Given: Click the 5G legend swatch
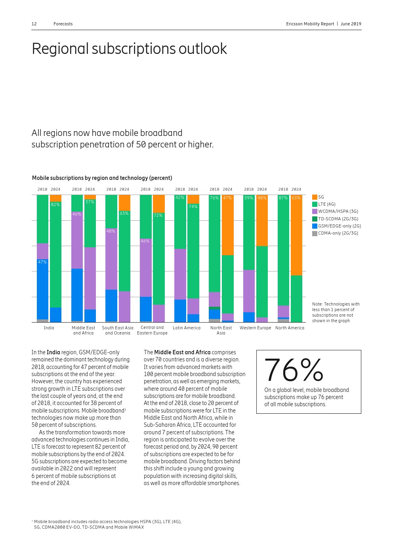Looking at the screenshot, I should tap(315, 197).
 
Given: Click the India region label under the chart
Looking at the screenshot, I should tap(49, 328).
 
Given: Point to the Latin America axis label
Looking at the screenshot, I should tap(187, 328).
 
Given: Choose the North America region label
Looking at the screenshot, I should tap(290, 328).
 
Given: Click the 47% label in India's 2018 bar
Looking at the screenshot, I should tap(42, 262).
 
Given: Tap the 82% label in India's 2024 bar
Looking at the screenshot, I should tap(55, 204).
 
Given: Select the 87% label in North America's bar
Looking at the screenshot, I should tap(283, 198).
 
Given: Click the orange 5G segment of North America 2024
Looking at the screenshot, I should tap(296, 238).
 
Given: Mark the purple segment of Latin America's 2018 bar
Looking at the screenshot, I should tap(180, 274).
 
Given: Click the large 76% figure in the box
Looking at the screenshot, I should tap(294, 370).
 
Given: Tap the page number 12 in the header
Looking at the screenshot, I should tap(34, 24).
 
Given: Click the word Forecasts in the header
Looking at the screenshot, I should tap(63, 24).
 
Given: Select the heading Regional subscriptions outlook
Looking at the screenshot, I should tap(129, 49).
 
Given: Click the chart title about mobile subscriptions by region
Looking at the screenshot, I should tap(102, 178).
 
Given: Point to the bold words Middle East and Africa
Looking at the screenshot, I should tap(182, 352).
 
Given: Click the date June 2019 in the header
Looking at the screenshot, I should tap(351, 24).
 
